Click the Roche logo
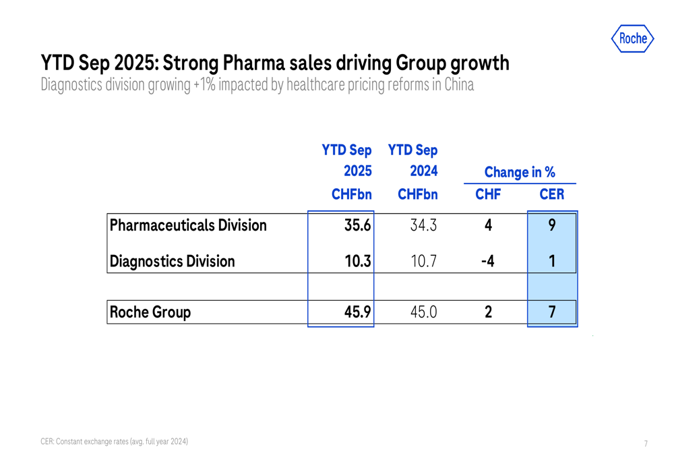632,38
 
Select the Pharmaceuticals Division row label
188,225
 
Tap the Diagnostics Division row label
173,261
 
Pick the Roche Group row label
151,312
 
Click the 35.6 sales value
357,225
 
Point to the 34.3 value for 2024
423,225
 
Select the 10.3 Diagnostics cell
357,261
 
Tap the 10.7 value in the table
423,261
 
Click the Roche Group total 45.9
357,312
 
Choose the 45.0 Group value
423,312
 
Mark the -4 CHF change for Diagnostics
487,261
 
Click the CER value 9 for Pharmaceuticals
552,225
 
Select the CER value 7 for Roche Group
552,312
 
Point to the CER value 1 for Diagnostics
552,261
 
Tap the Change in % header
520,173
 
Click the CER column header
552,195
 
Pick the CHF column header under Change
487,195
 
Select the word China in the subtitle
458,85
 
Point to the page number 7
646,443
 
